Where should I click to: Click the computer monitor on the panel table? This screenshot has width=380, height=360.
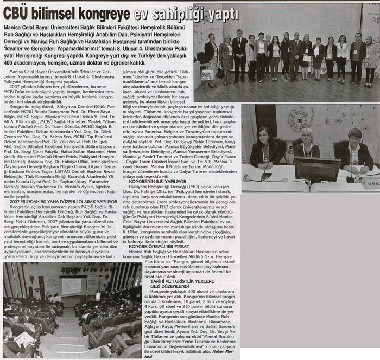(x=317, y=169)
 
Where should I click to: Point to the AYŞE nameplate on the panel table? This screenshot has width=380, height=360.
(x=372, y=177)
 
